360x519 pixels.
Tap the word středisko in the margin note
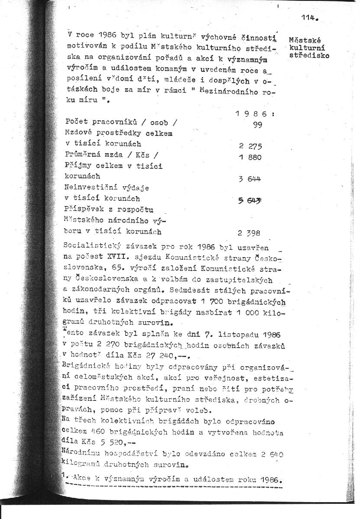click(309, 55)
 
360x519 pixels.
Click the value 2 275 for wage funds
click(250, 147)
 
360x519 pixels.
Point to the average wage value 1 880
click(250, 157)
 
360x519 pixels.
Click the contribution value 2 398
click(249, 233)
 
